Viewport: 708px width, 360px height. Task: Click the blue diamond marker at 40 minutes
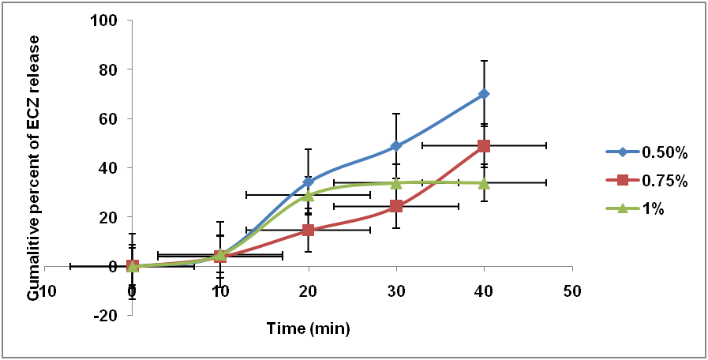pos(484,94)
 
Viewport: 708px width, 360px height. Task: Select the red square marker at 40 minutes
pos(484,146)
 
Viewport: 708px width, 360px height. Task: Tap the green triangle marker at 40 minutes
pos(484,183)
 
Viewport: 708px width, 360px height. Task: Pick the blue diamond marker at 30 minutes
pos(396,146)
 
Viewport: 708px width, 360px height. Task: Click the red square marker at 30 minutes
pos(396,206)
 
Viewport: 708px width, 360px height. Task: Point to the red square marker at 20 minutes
pos(308,230)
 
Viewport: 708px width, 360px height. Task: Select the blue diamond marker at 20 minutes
pos(308,182)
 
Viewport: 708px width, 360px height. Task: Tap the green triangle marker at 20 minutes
pos(308,194)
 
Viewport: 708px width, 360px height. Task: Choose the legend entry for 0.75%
pos(648,181)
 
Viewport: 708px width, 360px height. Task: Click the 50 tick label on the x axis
pos(571,291)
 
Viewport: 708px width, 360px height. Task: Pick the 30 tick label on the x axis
pos(396,291)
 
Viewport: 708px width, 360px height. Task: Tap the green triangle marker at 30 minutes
pos(396,183)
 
